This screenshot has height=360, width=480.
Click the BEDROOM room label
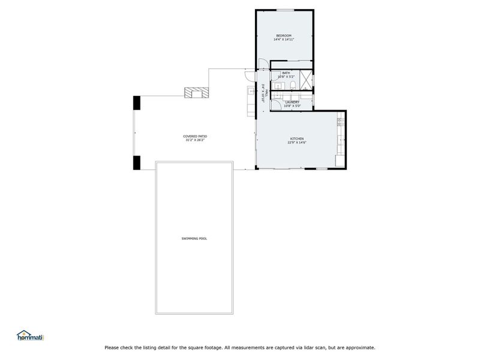[284, 36]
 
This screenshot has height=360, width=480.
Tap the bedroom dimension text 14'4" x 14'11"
[284, 40]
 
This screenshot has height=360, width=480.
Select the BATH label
[286, 73]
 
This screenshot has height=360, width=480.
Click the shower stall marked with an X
[306, 80]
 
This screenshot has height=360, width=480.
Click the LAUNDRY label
[292, 102]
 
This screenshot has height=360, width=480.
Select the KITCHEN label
[297, 139]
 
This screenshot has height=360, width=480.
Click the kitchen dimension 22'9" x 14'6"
[297, 143]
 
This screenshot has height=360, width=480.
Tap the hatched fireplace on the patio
[197, 92]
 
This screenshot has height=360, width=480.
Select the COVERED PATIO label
[195, 136]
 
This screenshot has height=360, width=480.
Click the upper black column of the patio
[137, 103]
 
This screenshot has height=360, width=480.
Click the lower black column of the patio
[137, 163]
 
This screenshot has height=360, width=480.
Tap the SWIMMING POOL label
[194, 239]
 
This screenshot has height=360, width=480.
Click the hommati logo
[31, 335]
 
